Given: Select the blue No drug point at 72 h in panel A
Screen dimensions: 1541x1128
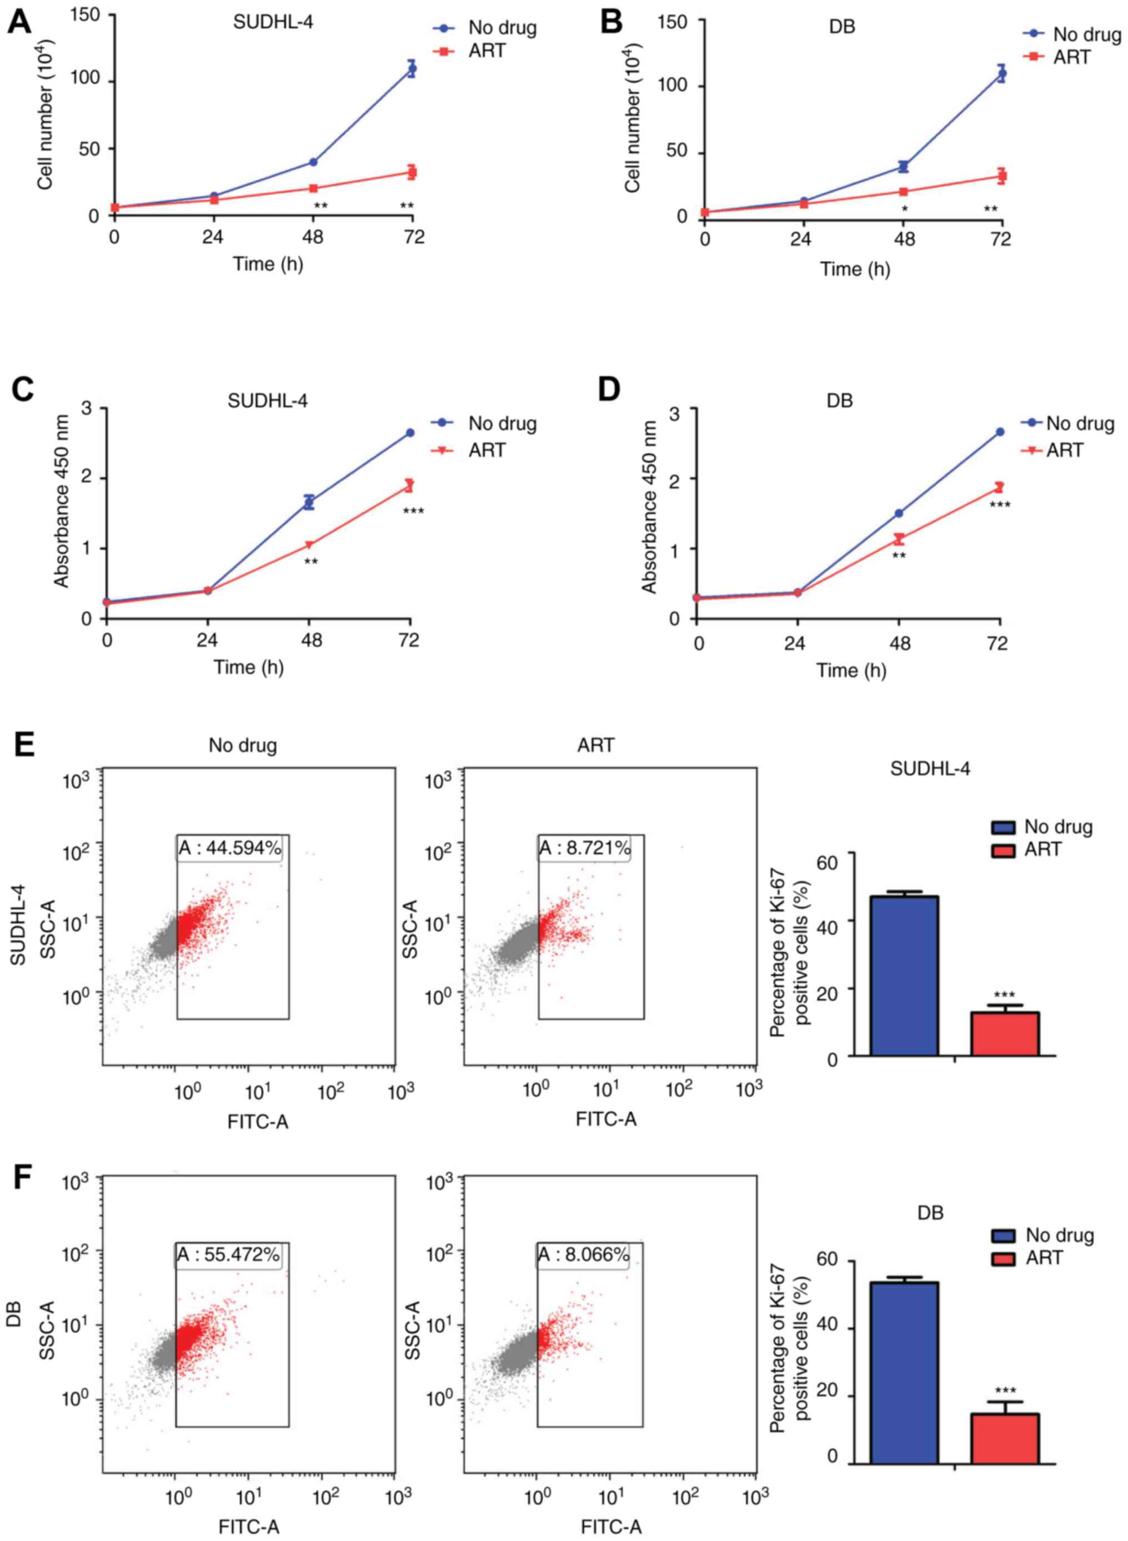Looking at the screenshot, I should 412,68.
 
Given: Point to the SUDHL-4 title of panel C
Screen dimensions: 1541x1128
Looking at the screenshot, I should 268,400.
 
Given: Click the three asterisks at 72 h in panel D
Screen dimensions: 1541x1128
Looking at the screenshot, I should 1000,506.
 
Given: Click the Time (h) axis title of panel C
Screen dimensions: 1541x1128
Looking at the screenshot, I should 249,667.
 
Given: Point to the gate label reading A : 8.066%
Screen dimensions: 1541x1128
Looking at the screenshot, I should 583,1254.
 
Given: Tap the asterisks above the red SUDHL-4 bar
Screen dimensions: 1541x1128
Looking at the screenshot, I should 1004,994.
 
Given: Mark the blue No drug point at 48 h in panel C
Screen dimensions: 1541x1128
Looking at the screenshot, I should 309,503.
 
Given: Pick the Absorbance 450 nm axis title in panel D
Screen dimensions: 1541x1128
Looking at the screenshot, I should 649,507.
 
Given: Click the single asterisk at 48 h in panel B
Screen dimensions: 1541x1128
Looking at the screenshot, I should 904,209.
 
